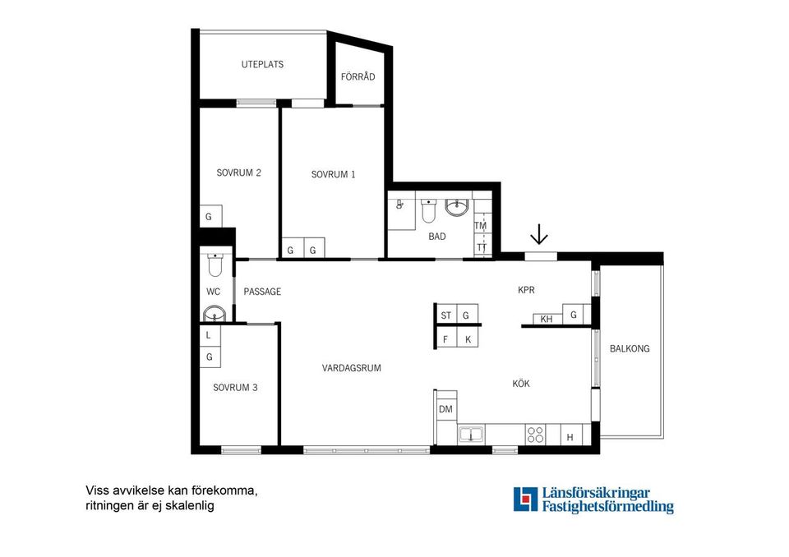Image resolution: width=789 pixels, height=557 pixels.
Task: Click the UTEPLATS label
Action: pyautogui.click(x=262, y=64)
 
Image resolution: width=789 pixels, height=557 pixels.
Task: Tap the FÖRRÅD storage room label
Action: pyautogui.click(x=358, y=76)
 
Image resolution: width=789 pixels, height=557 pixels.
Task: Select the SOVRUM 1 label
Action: pyautogui.click(x=333, y=175)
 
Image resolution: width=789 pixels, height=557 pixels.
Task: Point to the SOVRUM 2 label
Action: pyautogui.click(x=238, y=173)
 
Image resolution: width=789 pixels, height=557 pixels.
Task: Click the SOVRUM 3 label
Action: pyautogui.click(x=235, y=388)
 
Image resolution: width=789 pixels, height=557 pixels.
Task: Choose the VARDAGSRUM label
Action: pyautogui.click(x=351, y=368)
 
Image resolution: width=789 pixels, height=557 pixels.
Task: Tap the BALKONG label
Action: pyautogui.click(x=630, y=348)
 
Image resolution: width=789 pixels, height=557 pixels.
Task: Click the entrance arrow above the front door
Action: pyautogui.click(x=539, y=234)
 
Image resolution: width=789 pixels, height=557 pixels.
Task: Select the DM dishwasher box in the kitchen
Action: pyautogui.click(x=445, y=409)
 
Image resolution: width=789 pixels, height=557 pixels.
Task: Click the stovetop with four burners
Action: pyautogui.click(x=535, y=435)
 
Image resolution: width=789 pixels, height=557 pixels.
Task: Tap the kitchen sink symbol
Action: pyautogui.click(x=471, y=435)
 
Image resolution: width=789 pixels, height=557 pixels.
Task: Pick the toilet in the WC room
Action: pyautogui.click(x=215, y=265)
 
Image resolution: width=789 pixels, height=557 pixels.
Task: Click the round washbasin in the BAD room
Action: pyautogui.click(x=457, y=207)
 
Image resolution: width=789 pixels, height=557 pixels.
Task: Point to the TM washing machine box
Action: pyautogui.click(x=481, y=226)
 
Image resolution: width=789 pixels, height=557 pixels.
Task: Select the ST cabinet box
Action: pyautogui.click(x=445, y=315)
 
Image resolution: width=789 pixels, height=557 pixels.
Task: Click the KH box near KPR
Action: pyautogui.click(x=547, y=319)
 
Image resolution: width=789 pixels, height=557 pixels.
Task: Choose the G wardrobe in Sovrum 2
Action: pyautogui.click(x=210, y=217)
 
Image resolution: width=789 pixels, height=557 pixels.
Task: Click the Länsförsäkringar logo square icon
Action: pyautogui.click(x=525, y=499)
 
